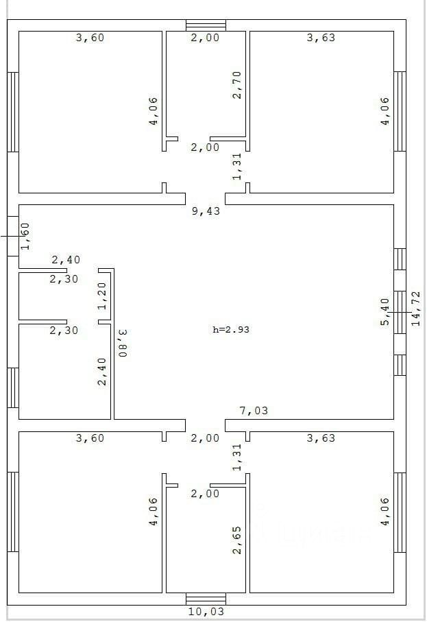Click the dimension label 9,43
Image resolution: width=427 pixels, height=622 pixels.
point(206,211)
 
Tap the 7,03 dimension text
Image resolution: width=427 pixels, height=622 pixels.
point(253,411)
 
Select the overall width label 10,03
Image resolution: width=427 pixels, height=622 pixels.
point(206,611)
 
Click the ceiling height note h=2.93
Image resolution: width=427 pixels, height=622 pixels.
point(230,329)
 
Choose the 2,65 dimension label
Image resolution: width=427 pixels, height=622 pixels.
point(237,539)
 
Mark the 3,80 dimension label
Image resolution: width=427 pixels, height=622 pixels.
point(123,342)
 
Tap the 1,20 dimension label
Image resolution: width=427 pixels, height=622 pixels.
point(102,296)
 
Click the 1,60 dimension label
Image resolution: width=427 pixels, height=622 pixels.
point(25,235)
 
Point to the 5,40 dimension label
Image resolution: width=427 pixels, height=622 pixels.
point(385,311)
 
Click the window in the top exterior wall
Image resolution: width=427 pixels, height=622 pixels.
point(206,25)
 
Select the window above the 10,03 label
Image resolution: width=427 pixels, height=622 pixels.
point(206,599)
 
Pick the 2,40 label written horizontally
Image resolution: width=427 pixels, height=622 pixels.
point(66,260)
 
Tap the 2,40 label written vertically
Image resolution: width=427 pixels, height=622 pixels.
point(102,371)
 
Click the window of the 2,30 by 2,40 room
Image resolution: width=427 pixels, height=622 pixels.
point(13,387)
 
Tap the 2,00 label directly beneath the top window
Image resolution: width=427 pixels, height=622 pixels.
point(205,38)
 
